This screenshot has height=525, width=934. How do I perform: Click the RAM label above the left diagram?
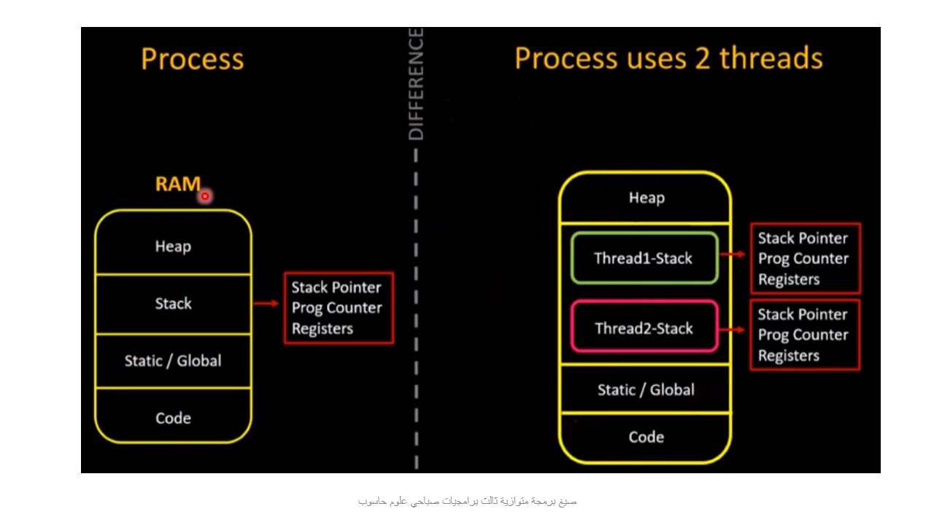177,184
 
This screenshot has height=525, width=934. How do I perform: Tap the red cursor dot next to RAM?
205,196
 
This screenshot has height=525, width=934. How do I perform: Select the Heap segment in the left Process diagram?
173,246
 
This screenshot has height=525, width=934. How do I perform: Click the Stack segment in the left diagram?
173,303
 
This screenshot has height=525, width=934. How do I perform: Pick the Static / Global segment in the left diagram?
173,361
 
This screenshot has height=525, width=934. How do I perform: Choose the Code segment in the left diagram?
173,418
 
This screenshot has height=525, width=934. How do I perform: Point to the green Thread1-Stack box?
644,258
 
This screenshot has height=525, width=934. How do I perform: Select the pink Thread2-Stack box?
644,328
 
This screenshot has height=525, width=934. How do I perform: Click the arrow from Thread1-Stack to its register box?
733,254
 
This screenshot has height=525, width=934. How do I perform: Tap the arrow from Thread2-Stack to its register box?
733,330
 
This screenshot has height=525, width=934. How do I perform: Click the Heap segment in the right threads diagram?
646,198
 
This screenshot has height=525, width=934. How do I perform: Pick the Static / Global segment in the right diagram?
646,390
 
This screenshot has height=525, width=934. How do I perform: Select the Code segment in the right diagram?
646,437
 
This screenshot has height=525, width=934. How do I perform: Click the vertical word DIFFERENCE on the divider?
416,84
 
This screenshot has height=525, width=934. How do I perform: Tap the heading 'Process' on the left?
192,59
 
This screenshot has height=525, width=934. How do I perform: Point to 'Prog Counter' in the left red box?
336,308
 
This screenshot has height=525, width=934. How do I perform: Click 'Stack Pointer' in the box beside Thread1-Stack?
803,238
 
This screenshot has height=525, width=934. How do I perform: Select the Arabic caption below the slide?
467,501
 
